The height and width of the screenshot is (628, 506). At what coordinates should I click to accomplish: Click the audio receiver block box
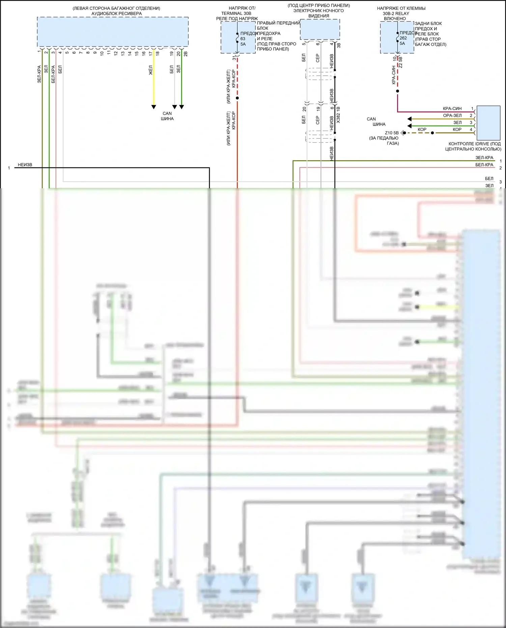(113, 31)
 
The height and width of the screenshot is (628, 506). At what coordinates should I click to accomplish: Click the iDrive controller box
(488, 123)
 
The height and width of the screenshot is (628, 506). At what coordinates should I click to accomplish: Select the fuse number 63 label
(243, 39)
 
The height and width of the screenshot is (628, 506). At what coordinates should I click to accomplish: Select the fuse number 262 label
(403, 38)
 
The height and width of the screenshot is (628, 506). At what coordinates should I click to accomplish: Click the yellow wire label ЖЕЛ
(151, 70)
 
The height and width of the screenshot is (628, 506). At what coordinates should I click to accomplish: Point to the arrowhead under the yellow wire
(154, 107)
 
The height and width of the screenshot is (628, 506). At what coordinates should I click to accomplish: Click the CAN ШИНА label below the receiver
(167, 116)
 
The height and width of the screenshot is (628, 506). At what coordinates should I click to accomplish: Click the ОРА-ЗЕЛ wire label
(452, 115)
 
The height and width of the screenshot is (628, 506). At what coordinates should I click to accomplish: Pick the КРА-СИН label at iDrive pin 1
(452, 109)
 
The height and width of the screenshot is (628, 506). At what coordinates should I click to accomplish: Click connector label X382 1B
(338, 115)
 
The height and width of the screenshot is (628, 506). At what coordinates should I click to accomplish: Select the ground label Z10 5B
(392, 133)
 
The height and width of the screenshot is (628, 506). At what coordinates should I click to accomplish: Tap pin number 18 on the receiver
(158, 53)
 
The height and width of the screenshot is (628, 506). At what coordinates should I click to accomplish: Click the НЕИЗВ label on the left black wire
(25, 165)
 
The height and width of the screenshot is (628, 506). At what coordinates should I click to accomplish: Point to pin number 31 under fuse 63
(234, 58)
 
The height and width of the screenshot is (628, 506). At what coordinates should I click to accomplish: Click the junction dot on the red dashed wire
(237, 98)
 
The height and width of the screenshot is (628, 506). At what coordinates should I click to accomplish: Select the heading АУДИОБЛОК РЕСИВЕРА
(116, 13)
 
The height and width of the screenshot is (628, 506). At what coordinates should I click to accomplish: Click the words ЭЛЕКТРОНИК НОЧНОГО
(318, 11)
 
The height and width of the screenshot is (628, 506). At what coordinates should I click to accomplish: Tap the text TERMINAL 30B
(236, 13)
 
